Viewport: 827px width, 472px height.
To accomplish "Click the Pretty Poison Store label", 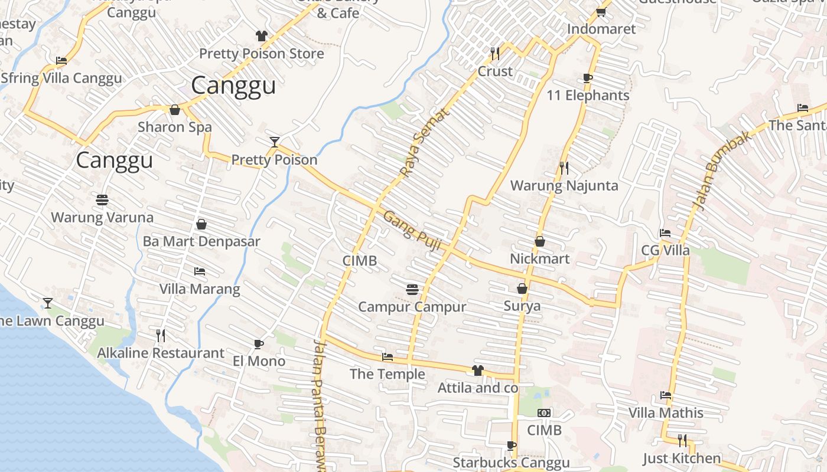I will coord(261,54).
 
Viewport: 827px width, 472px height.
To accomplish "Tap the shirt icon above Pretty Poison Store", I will coord(262,36).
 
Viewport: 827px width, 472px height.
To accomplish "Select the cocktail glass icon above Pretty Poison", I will coord(274,142).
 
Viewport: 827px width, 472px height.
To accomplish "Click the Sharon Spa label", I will coord(174,127).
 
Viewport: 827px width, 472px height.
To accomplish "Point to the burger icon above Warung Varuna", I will coord(102,199).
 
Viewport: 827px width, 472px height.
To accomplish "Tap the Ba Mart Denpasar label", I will coord(201,241).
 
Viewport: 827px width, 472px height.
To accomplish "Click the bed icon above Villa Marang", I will coord(200,271).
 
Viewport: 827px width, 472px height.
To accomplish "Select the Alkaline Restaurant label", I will coord(161,353).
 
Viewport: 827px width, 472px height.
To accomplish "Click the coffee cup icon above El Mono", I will coord(258,343).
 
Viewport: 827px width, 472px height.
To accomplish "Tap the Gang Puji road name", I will coord(412,231).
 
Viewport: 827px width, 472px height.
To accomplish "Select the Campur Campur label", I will coord(412,307).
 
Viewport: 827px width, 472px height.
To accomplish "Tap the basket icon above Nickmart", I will coord(539,241).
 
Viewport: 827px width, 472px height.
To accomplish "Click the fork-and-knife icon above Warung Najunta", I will coord(564,168).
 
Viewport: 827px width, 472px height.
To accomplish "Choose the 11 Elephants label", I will coord(588,96).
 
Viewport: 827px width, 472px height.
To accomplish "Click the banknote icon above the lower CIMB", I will coord(544,413).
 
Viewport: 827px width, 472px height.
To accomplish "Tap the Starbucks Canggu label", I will coord(511,463).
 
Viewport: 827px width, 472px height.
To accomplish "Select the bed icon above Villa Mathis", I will coord(666,395).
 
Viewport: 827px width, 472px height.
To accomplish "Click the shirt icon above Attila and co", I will coord(477,371).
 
